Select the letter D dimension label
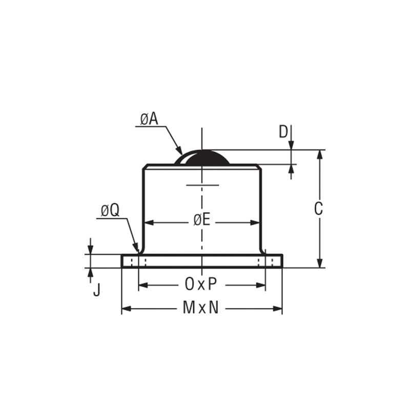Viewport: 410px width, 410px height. tap(283, 132)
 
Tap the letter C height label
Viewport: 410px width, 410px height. tap(318, 209)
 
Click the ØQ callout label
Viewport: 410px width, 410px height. tap(110, 210)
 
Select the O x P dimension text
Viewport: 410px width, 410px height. tap(201, 283)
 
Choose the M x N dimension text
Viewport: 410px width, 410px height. tap(201, 308)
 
